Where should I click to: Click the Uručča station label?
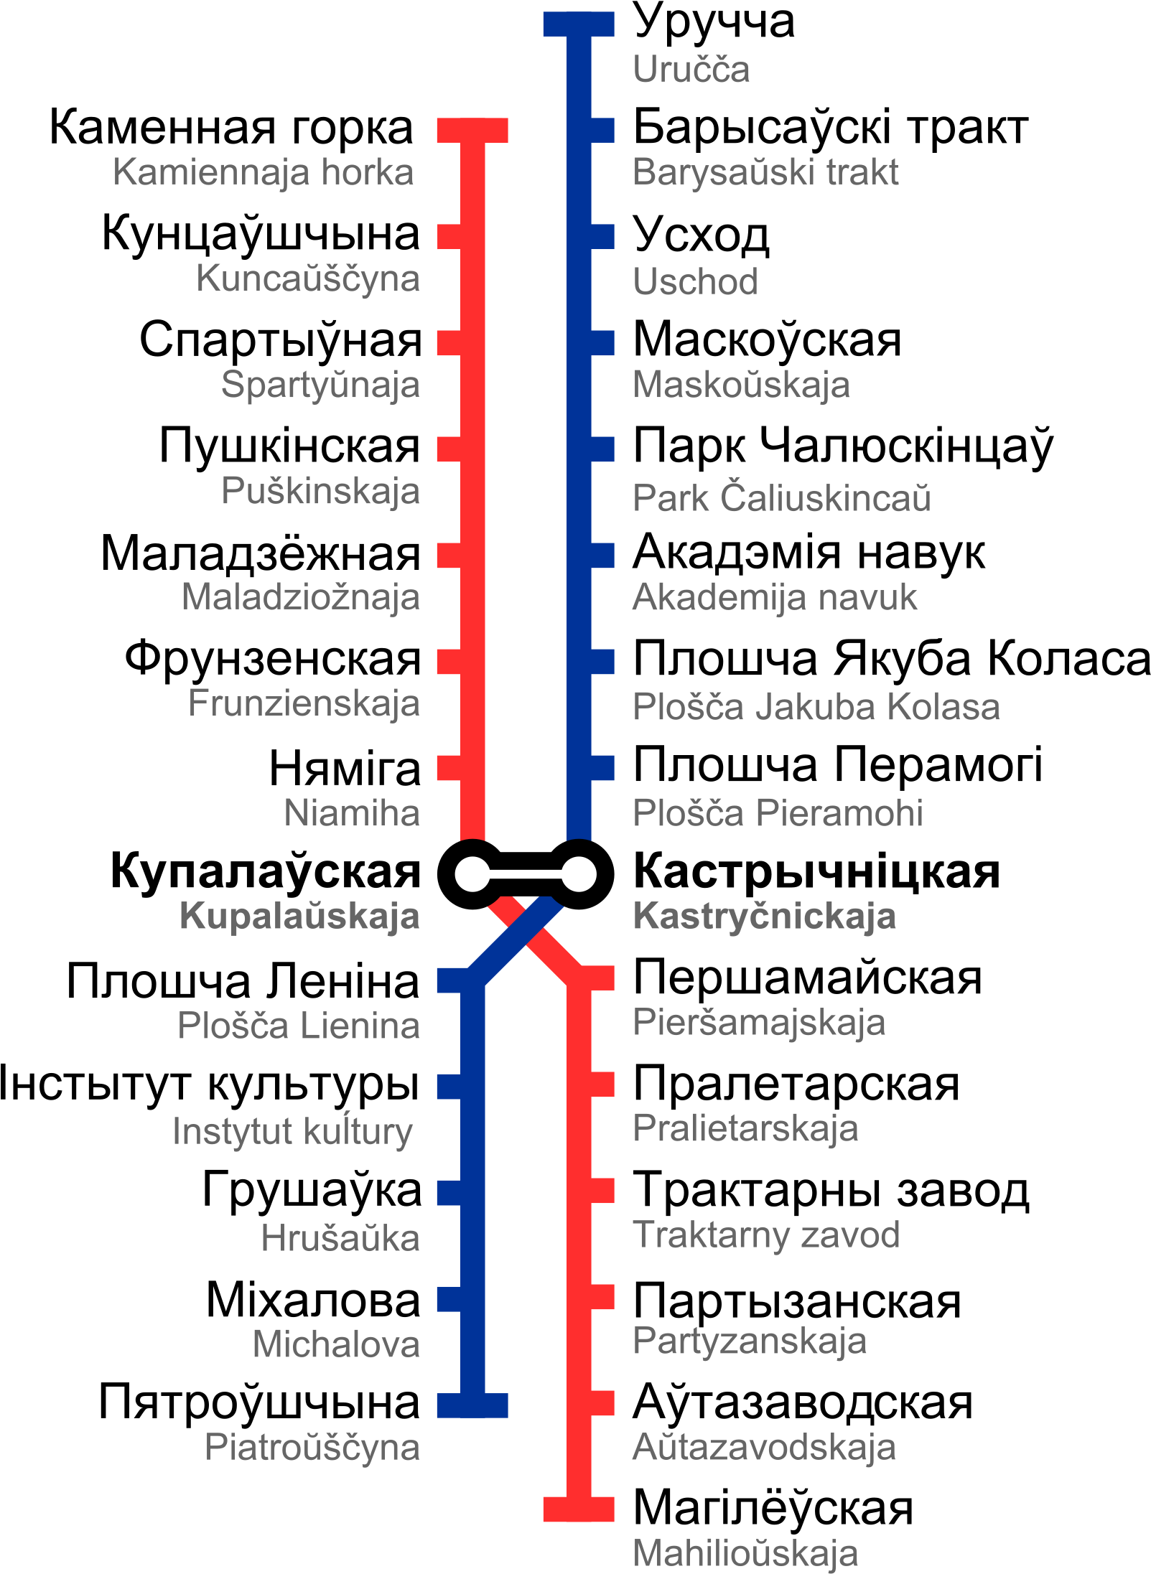[x=691, y=70]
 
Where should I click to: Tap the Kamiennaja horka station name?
[x=264, y=173]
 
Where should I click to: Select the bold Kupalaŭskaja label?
[x=299, y=917]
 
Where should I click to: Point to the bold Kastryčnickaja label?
[x=764, y=917]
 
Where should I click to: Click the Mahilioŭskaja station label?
[x=745, y=1553]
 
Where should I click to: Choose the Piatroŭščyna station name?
[x=312, y=1447]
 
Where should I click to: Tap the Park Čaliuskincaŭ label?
[x=781, y=497]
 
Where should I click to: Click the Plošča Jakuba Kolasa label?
[x=816, y=706]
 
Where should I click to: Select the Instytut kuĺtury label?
[x=293, y=1131]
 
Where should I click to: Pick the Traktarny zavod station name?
[x=766, y=1235]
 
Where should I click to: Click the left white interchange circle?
[x=472, y=874]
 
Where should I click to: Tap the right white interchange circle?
[x=579, y=874]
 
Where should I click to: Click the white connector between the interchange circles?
[x=526, y=874]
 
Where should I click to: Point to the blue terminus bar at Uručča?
[x=579, y=24]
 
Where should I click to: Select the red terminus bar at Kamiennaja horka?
[x=472, y=131]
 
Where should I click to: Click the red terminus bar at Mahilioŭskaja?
[x=579, y=1509]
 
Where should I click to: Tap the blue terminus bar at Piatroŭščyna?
[x=472, y=1405]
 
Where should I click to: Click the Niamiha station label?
[x=352, y=813]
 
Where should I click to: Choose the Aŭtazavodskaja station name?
[x=764, y=1447]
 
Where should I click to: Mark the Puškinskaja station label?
[x=320, y=492]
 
